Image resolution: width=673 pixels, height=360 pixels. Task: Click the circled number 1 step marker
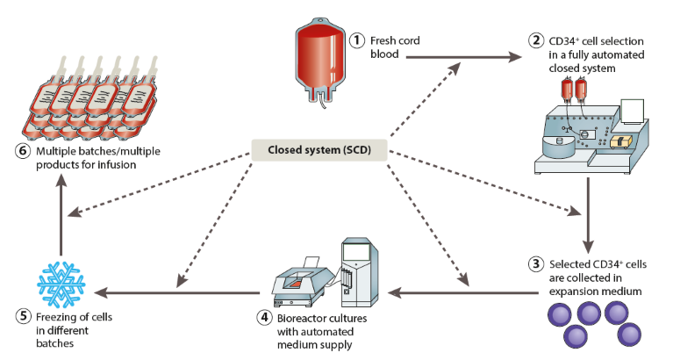click(357, 40)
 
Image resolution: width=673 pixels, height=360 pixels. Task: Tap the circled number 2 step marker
click(534, 40)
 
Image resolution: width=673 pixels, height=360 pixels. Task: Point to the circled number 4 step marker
click(262, 317)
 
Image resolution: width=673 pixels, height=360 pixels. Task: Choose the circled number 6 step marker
click(22, 149)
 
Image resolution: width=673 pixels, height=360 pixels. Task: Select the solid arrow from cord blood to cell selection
click(461, 57)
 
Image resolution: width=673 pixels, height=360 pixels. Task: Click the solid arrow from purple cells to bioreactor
click(439, 291)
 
